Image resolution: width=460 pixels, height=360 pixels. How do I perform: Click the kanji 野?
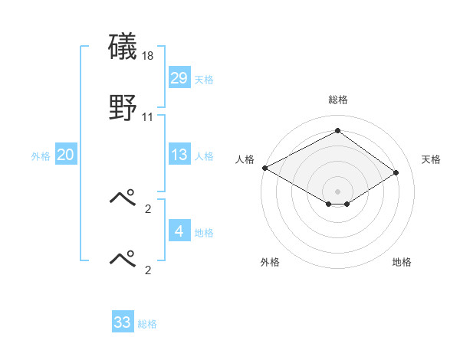(123, 108)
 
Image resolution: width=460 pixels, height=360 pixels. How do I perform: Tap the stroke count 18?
(148, 56)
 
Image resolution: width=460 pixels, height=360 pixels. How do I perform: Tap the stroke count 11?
(148, 117)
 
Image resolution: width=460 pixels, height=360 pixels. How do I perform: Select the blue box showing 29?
(179, 77)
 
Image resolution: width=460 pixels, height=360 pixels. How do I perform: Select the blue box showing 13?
(179, 155)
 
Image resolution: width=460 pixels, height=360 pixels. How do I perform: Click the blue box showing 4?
(179, 231)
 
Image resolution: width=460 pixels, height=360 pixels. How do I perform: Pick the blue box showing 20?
(65, 155)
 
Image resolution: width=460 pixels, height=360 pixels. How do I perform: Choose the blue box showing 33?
(122, 322)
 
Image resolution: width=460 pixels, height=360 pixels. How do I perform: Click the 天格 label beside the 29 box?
(204, 79)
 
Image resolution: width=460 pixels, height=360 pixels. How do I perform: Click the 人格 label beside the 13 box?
(204, 156)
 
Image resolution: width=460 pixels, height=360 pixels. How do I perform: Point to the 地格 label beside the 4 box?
(204, 232)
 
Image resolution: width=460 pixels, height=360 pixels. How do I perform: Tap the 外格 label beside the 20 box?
(41, 156)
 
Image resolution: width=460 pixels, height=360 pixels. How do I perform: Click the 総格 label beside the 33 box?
(147, 324)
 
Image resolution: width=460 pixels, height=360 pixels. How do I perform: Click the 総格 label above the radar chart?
(338, 100)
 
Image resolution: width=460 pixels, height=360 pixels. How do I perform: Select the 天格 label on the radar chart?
(431, 159)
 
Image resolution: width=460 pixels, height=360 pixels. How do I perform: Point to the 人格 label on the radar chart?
(245, 159)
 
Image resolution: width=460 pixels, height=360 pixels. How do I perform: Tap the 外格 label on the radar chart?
(270, 262)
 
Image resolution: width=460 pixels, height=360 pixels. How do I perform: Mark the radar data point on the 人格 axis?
(264, 168)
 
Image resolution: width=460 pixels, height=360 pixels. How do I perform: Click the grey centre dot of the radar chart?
(338, 190)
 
